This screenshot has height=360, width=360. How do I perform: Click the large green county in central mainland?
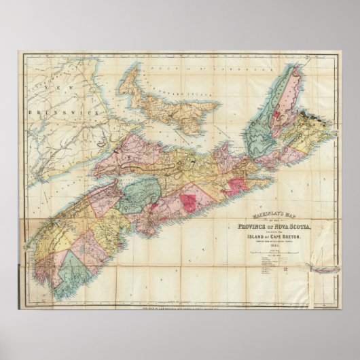[139, 196]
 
